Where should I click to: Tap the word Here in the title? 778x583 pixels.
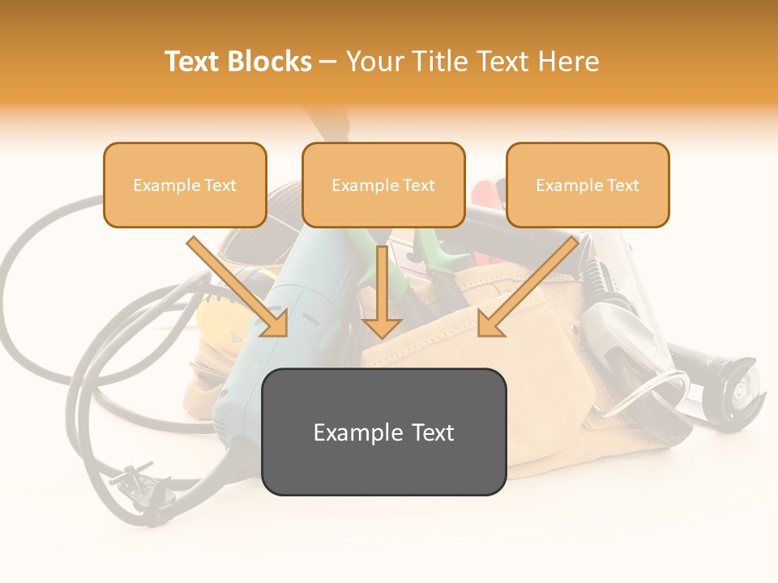point(568,62)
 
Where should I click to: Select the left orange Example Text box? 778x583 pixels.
point(185,185)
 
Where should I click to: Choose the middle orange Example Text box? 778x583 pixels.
point(383,185)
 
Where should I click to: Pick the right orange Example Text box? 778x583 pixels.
point(588,185)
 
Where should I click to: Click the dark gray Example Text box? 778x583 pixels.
point(384,432)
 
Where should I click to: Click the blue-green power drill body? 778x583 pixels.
point(267,356)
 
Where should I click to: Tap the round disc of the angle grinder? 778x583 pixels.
point(742,393)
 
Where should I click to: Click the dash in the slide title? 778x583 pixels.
point(329,62)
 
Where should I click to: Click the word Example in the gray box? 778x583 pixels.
point(349,432)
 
